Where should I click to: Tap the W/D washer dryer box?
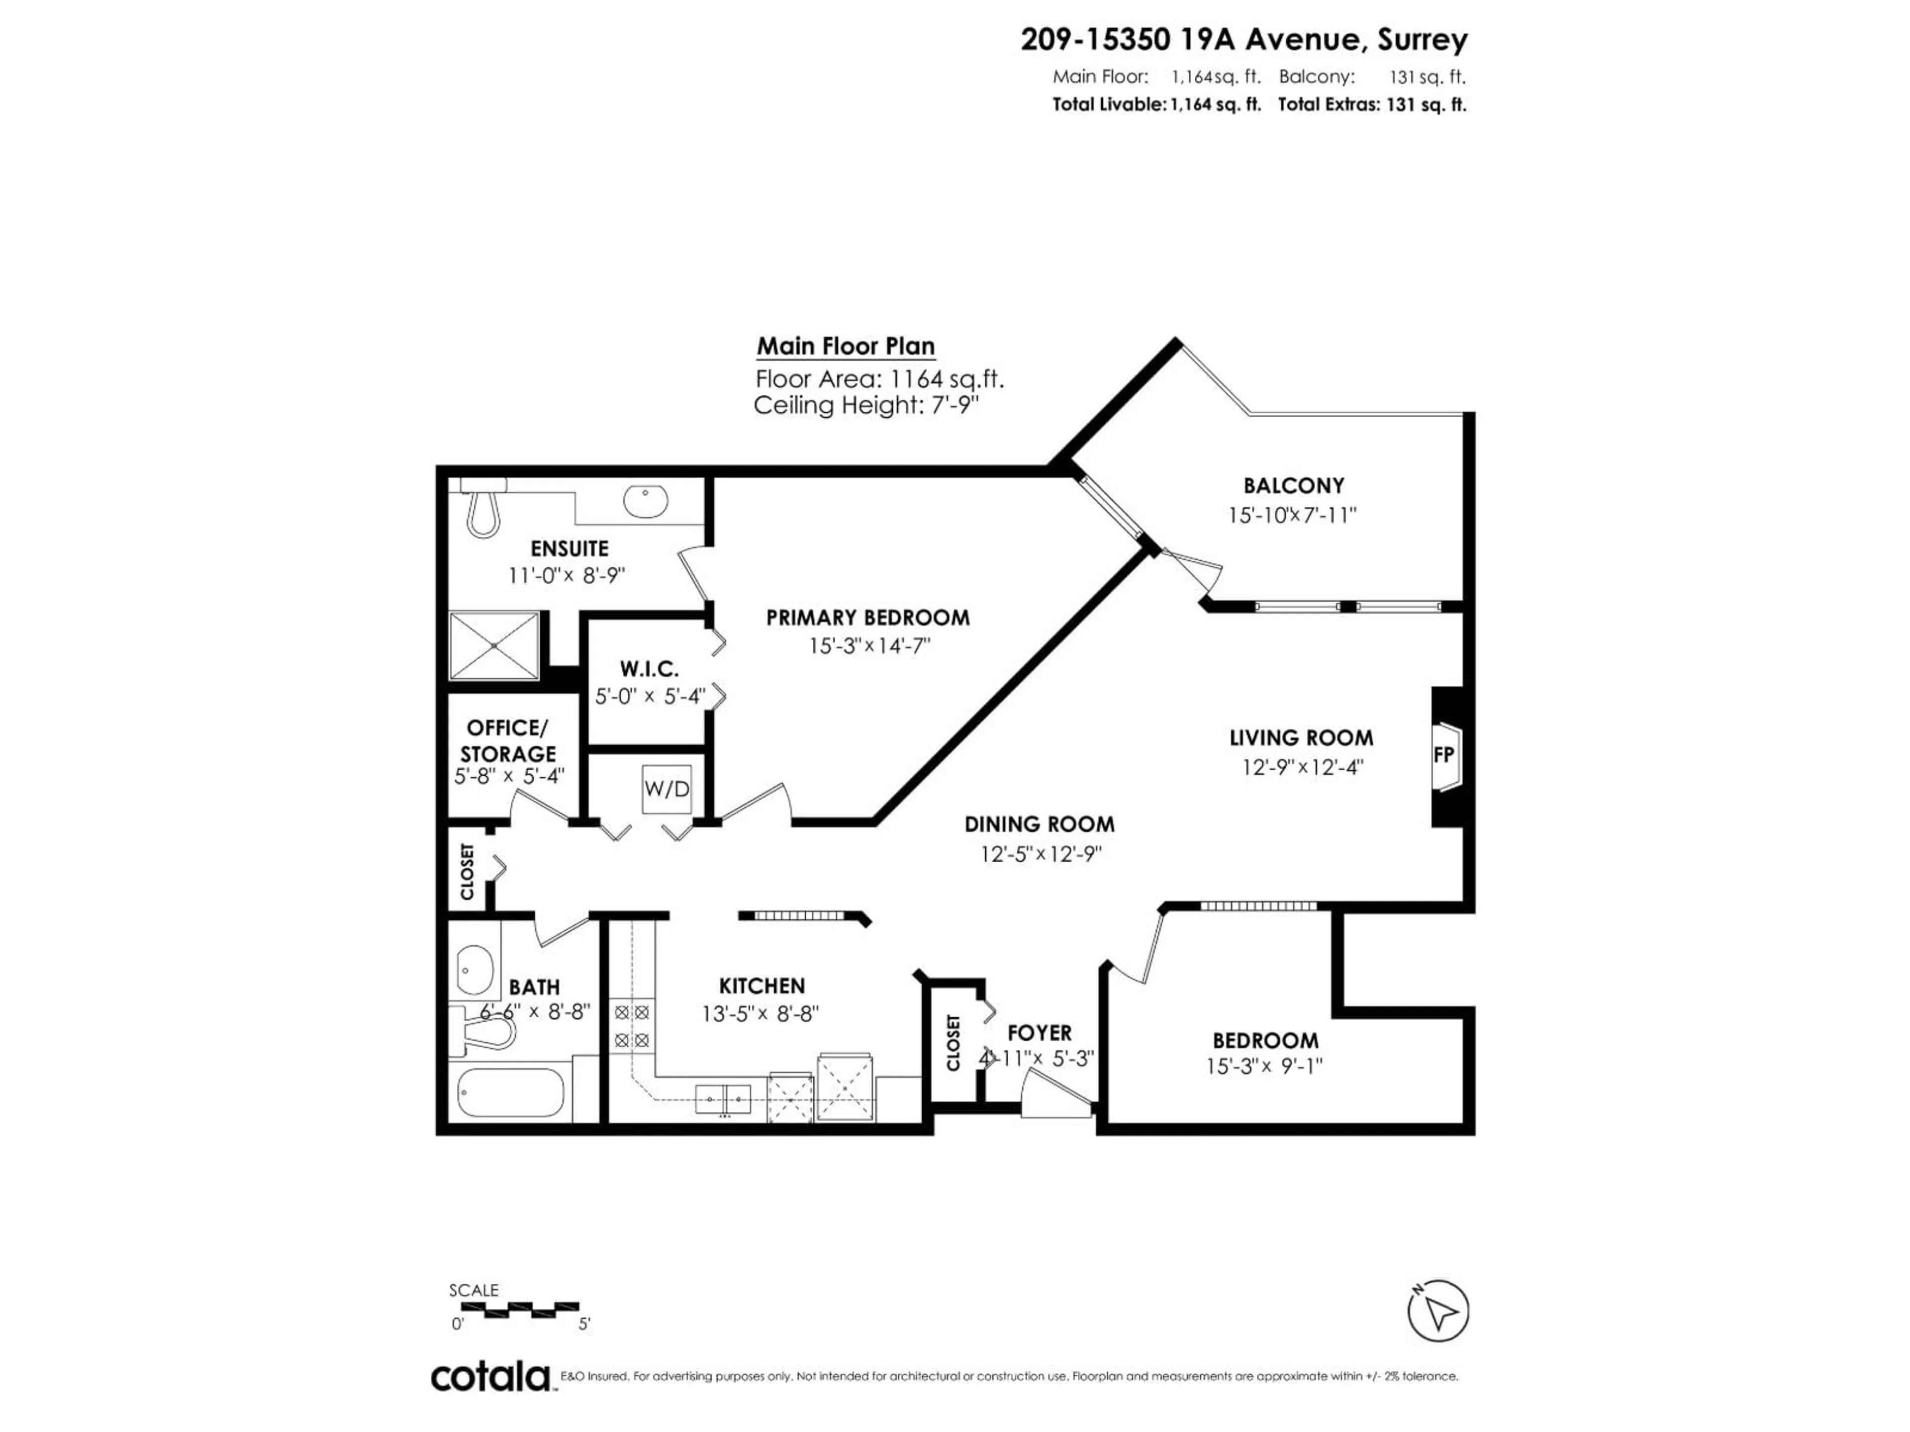[x=667, y=789]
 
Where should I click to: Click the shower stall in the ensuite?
[x=494, y=646]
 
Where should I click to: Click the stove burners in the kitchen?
[x=631, y=1026]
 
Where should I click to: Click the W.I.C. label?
[x=649, y=669]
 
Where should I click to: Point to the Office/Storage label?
[x=508, y=740]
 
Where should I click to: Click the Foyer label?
[x=1040, y=1032]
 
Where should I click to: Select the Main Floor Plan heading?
[x=846, y=346]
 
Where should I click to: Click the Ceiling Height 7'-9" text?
[x=867, y=405]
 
